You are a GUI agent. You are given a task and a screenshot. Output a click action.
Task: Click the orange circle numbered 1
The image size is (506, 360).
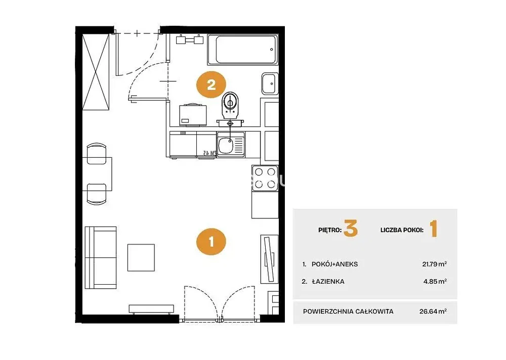(212, 242)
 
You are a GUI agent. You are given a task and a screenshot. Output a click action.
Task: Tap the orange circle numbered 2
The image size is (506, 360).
(212, 85)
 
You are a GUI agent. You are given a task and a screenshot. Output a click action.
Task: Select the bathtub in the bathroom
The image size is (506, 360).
(243, 50)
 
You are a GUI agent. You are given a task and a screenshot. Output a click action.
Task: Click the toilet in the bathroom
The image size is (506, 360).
(230, 106)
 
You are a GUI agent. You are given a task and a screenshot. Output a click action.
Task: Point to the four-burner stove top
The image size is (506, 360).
(265, 178)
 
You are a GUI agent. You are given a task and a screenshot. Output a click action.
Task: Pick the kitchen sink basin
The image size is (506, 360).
(226, 145)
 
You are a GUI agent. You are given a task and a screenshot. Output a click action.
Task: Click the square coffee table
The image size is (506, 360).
(141, 257)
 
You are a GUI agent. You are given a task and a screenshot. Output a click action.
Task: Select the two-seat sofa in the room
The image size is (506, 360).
(101, 257)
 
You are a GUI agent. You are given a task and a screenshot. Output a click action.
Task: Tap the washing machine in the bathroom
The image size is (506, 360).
(193, 114)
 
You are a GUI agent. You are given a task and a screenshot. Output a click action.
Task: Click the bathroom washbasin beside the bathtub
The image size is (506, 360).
(270, 83)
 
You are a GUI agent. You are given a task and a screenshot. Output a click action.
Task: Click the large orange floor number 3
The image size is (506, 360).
(351, 229)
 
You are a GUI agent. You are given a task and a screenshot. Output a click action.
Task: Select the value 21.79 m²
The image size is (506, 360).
(434, 264)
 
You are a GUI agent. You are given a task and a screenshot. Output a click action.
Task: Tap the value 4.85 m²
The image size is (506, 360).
(435, 281)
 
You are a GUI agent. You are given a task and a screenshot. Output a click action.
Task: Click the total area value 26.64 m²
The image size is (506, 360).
(433, 311)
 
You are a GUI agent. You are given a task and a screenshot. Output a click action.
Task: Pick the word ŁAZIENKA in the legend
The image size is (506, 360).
(328, 281)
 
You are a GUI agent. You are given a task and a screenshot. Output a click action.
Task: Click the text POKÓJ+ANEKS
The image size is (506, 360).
(334, 264)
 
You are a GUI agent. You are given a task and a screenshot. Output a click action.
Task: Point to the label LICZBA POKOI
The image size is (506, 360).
(402, 230)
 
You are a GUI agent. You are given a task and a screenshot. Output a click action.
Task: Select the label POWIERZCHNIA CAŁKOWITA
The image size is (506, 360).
(348, 311)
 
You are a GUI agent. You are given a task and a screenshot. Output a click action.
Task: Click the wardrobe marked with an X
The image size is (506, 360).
(96, 72)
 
